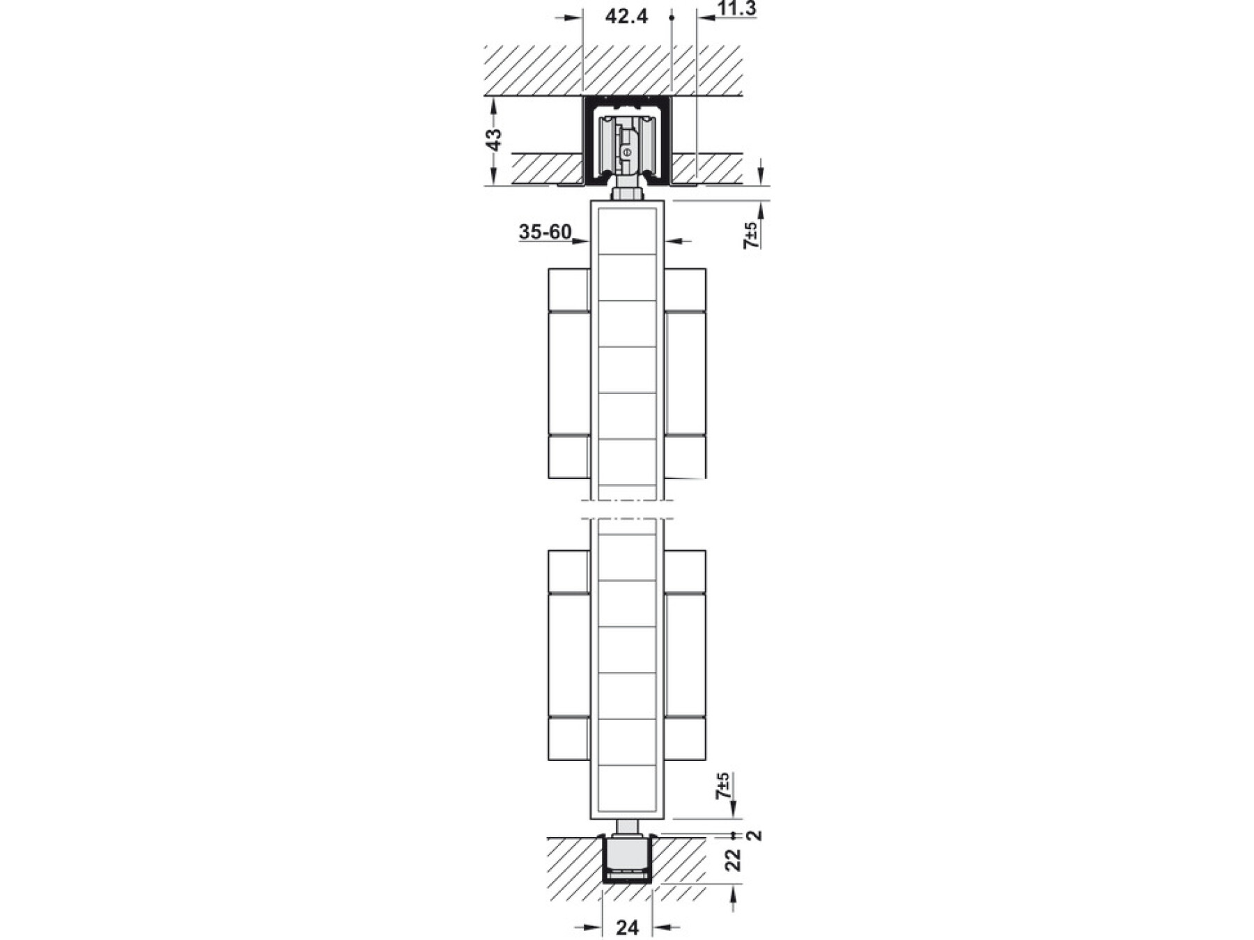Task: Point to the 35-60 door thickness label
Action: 545,232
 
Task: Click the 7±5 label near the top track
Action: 752,235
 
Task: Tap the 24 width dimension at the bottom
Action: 628,927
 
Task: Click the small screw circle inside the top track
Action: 627,150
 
